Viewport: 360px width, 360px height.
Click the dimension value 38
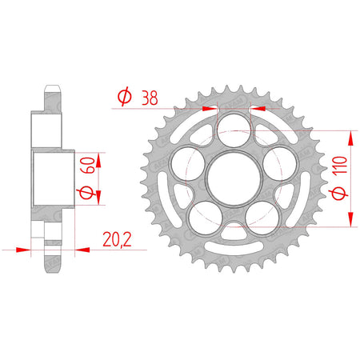coord(150,98)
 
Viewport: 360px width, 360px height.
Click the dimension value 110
coord(340,165)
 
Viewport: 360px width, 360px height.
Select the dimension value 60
coord(88,166)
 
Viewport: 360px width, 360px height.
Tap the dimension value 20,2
coord(117,240)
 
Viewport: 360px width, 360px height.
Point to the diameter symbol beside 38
coord(125,97)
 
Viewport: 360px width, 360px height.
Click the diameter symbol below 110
coord(339,192)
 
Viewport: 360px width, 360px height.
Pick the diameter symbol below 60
coord(86,192)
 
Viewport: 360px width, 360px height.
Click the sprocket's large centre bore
coord(234,178)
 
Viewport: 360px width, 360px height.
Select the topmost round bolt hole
coord(234,130)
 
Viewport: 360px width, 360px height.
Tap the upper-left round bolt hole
coord(188,163)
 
